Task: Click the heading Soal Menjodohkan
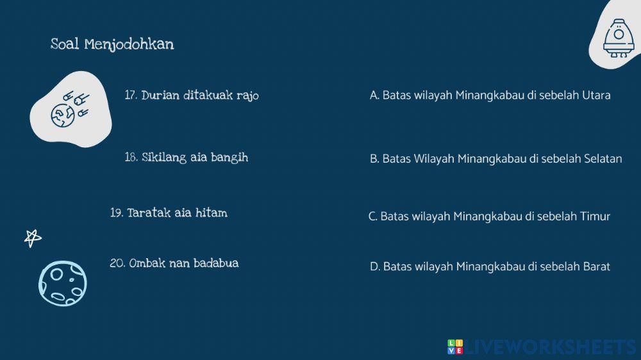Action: click(x=112, y=44)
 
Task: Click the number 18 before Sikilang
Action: click(x=131, y=158)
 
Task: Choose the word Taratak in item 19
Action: click(x=149, y=213)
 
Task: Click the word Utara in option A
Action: click(x=596, y=95)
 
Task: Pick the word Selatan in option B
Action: click(x=603, y=159)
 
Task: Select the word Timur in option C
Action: click(x=595, y=217)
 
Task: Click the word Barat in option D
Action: click(x=596, y=266)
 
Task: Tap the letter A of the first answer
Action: click(x=374, y=95)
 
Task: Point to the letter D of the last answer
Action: click(x=374, y=266)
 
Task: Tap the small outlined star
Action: click(x=33, y=238)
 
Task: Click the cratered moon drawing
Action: click(x=62, y=282)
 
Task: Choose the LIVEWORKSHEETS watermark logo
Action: click(x=542, y=347)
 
